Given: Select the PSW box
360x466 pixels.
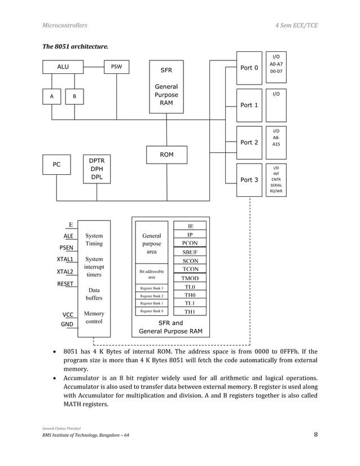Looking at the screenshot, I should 116,67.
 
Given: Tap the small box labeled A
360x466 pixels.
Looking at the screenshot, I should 52,96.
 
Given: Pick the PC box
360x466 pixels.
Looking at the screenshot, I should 56,165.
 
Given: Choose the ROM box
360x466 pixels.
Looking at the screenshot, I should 166,154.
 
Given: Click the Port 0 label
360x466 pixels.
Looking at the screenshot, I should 249,68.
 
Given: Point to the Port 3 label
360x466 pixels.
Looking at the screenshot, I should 249,180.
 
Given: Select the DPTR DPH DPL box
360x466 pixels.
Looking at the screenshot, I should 96,168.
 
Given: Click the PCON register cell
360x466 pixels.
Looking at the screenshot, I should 190,243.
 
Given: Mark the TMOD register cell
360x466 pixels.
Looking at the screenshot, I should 190,279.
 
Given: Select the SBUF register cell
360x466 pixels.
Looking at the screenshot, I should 190,252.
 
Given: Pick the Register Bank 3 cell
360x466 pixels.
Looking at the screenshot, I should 151,288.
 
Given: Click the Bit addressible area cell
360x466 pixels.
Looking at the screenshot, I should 151,274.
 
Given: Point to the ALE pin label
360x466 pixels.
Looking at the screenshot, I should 68,236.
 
